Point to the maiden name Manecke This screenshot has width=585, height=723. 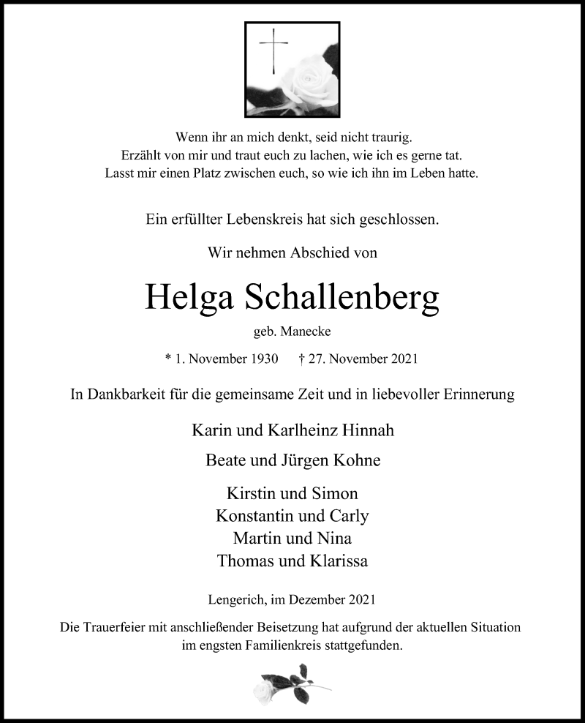click(312, 331)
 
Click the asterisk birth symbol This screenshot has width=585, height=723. click(169, 359)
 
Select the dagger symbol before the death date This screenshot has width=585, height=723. click(302, 359)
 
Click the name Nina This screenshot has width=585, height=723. click(335, 539)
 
